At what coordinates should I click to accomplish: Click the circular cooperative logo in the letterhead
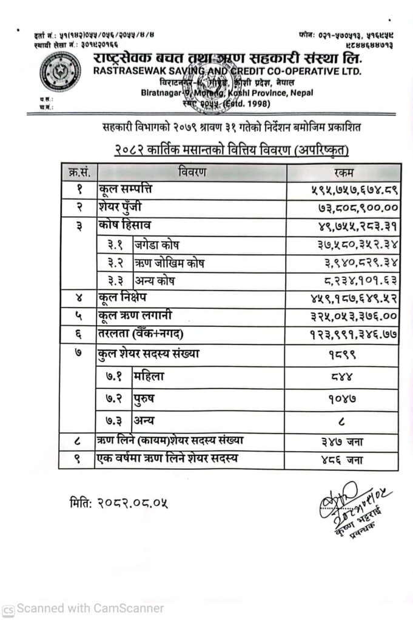59,71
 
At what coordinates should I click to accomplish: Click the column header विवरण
192,172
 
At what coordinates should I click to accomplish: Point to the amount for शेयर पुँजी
352,207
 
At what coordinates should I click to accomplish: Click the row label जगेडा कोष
157,245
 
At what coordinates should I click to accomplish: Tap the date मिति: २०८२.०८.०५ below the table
118,502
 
